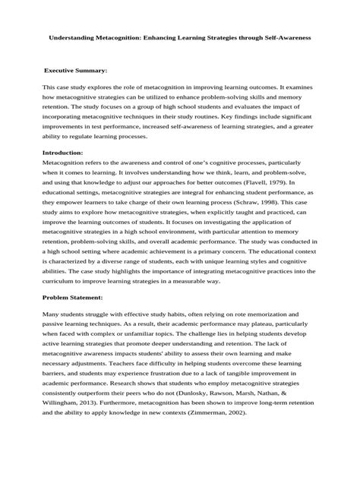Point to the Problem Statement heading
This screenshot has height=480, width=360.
78,298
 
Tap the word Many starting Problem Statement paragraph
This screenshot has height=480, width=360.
54,313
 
